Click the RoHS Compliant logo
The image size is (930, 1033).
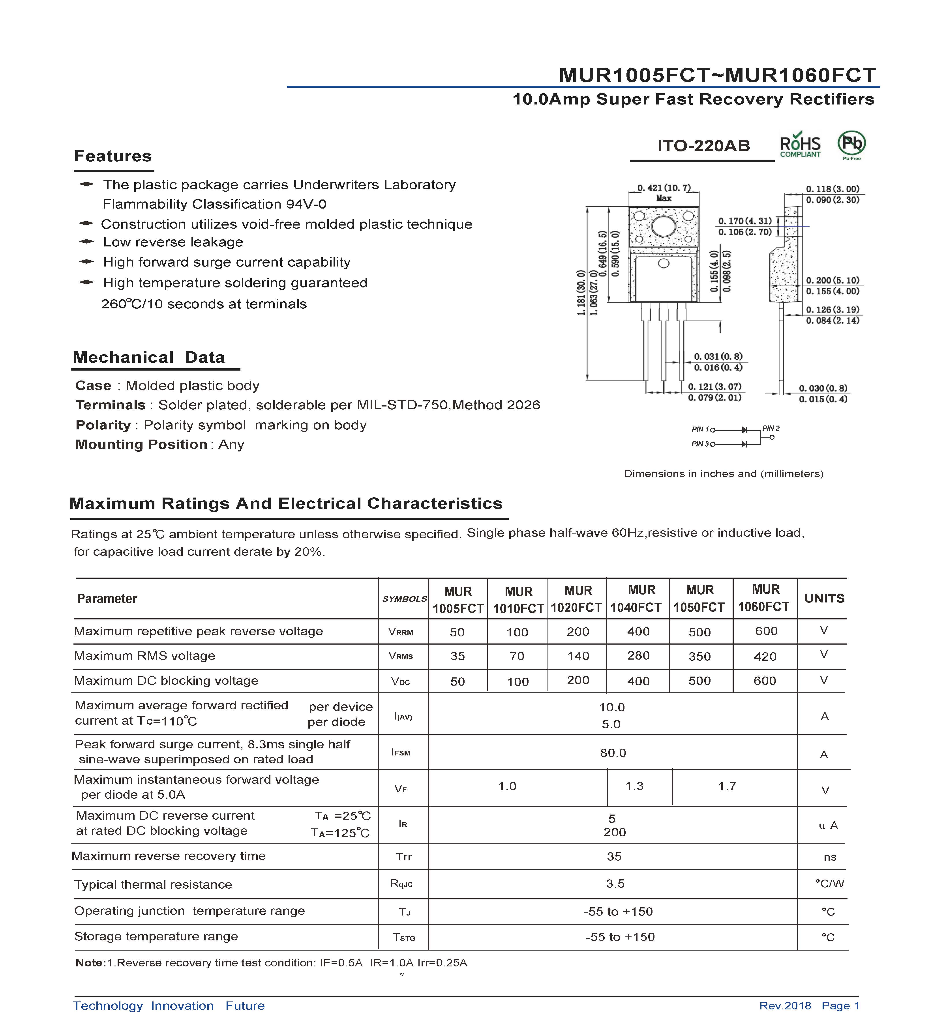(x=800, y=145)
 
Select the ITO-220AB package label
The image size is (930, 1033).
(x=703, y=146)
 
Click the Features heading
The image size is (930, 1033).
(x=113, y=156)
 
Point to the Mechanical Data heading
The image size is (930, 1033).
(x=149, y=357)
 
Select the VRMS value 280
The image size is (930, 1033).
(x=638, y=656)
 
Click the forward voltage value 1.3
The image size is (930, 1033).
(x=635, y=786)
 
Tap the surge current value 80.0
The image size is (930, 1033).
(x=613, y=753)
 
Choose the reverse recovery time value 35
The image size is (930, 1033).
(x=614, y=856)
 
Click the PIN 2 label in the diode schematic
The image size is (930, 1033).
(x=771, y=428)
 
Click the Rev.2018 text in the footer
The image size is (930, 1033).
(x=785, y=1005)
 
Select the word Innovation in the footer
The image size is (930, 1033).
(x=182, y=1005)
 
